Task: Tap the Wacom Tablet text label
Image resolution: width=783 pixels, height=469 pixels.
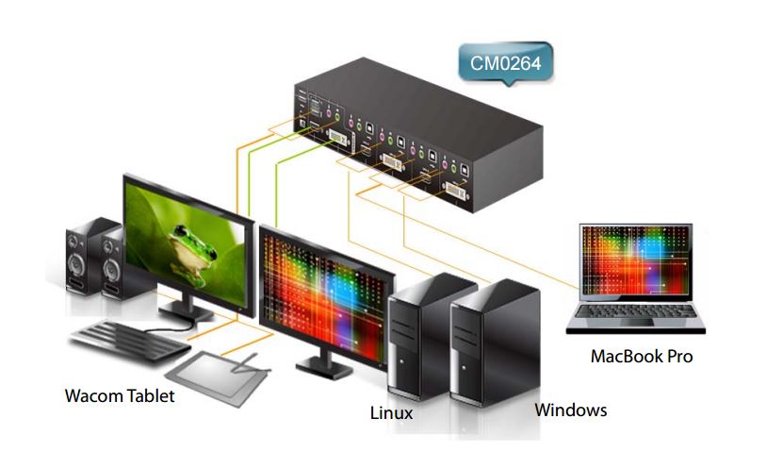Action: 119,395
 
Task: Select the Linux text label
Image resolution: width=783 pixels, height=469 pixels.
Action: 391,412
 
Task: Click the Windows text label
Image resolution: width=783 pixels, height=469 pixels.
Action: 570,410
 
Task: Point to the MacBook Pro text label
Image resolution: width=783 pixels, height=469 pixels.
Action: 641,357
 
